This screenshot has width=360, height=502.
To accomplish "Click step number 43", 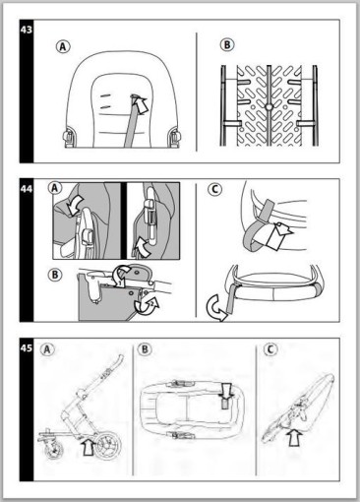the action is click(27, 30).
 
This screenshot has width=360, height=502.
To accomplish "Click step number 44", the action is click(27, 189).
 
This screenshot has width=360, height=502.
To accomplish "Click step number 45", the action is click(27, 347).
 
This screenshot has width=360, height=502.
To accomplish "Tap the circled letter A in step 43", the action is click(63, 46).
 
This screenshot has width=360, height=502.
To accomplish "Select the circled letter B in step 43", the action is click(227, 44).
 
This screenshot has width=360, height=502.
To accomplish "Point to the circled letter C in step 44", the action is click(215, 189).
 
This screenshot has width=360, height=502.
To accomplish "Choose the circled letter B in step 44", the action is click(55, 275).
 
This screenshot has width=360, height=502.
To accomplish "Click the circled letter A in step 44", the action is click(55, 188).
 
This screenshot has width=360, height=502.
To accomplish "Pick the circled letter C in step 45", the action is click(270, 349).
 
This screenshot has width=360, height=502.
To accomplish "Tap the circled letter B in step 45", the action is click(145, 349).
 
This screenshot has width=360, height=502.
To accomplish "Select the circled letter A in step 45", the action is click(47, 349).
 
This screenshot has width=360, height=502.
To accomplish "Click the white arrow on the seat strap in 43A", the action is click(140, 104).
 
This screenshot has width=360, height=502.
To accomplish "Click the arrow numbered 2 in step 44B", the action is click(147, 304).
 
